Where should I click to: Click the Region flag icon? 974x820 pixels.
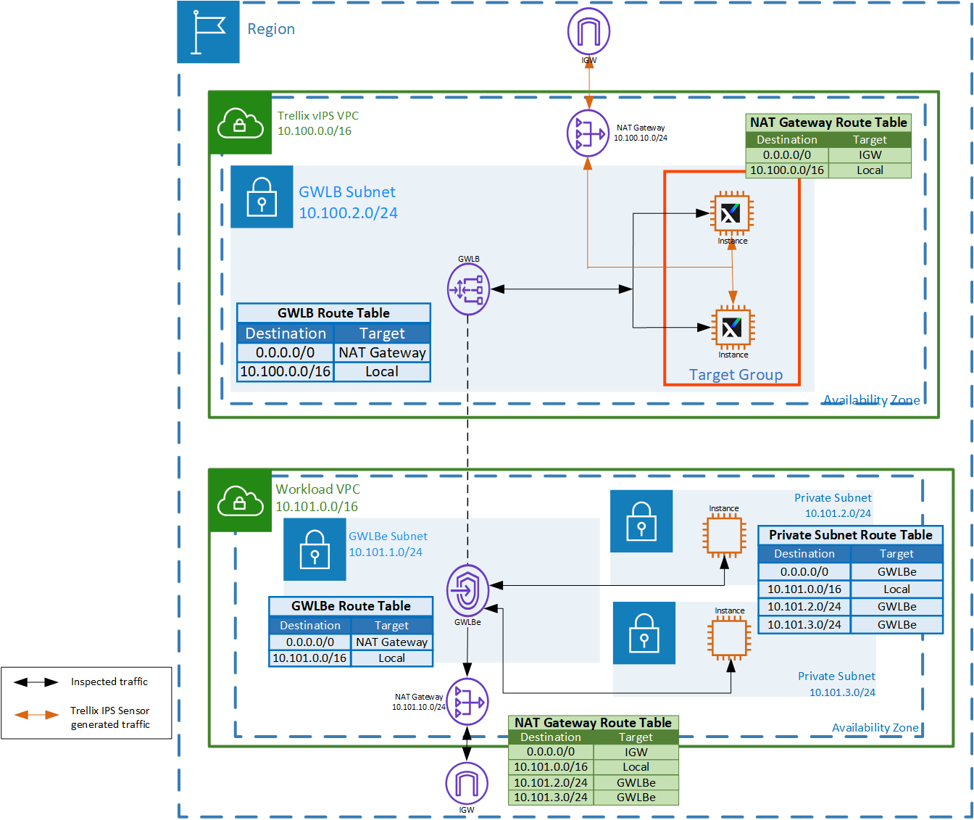tap(208, 32)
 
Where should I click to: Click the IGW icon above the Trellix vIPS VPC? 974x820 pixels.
tap(588, 31)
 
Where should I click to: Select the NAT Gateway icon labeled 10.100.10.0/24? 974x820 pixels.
tap(588, 133)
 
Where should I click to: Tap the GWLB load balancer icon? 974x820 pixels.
tap(468, 289)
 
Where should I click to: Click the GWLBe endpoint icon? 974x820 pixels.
tap(467, 590)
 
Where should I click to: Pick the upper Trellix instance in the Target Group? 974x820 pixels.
tap(731, 213)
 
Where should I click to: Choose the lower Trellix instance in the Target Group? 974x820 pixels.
tap(733, 327)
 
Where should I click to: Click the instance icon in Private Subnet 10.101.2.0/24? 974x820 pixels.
tap(724, 535)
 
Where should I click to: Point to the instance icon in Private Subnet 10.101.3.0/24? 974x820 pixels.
tap(729, 637)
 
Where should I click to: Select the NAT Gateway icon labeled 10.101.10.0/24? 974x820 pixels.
tap(467, 701)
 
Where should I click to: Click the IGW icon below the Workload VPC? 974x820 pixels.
tap(467, 783)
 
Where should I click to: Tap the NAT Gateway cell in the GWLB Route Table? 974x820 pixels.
tap(382, 352)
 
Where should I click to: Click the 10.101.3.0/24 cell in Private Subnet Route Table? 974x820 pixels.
tap(804, 624)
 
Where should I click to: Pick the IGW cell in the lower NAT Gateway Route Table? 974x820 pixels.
tap(636, 752)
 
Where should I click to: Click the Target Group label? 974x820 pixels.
tap(736, 374)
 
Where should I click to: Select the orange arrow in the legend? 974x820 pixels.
tap(36, 715)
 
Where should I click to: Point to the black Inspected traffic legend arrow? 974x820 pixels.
tap(36, 682)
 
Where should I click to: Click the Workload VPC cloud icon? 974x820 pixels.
tap(240, 500)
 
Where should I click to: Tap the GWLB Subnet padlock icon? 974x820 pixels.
tap(262, 196)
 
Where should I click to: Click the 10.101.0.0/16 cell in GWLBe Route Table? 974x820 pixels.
tap(309, 658)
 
